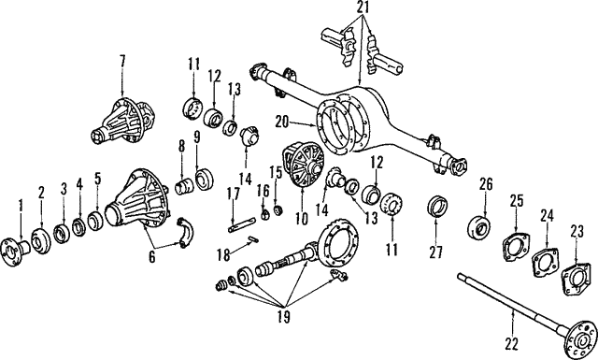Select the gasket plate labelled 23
click(575, 276)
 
